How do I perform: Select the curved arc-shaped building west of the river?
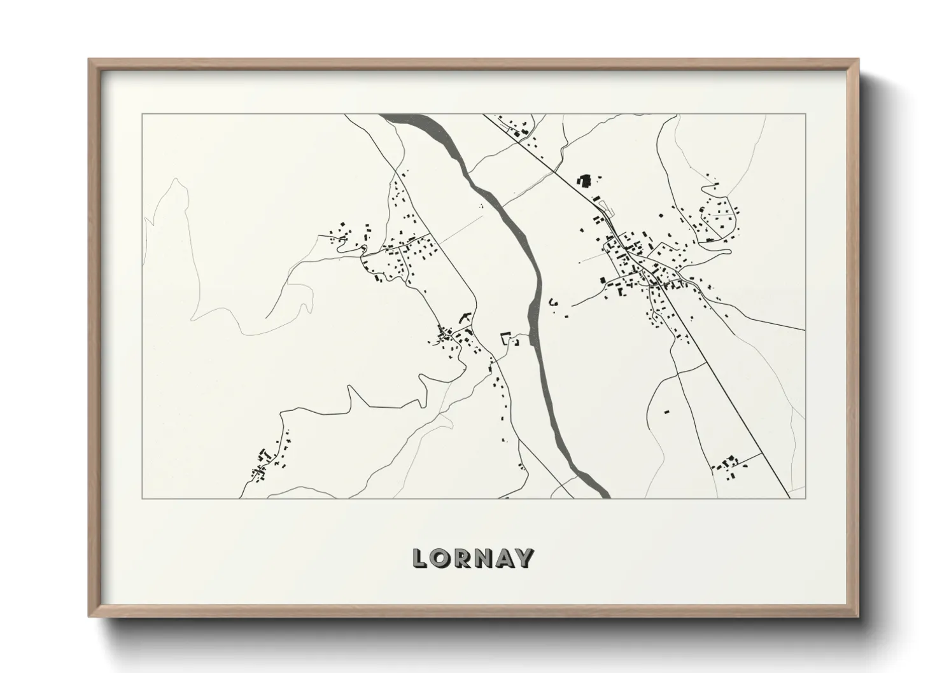(x=464, y=316)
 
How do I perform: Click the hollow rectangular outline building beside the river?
(x=507, y=338)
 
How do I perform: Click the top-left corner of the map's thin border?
(x=142, y=114)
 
